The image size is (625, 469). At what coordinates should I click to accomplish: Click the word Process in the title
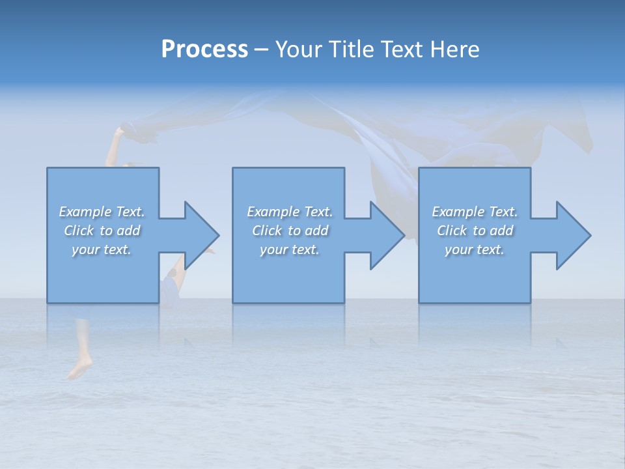tap(204, 49)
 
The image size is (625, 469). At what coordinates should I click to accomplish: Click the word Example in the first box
tap(85, 212)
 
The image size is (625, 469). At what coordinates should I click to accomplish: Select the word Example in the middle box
tap(273, 212)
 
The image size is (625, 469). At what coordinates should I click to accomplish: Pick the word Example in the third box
tap(458, 212)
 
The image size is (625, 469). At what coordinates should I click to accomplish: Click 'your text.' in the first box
tap(102, 249)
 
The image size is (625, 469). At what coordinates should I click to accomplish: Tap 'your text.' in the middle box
tap(289, 249)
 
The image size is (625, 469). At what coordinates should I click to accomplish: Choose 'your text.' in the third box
tap(475, 249)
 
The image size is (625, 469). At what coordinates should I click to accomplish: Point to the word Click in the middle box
tap(266, 231)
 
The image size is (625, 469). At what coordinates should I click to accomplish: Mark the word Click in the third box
tap(452, 231)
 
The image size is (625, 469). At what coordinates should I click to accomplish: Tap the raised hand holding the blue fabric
tap(118, 133)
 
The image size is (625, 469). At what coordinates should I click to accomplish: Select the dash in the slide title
tap(262, 50)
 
